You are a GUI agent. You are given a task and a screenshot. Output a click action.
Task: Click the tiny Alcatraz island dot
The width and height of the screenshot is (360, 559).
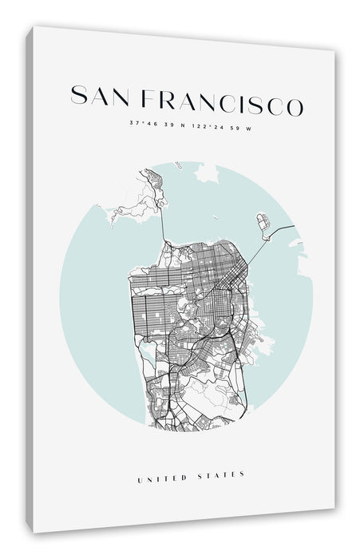point(215,218)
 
